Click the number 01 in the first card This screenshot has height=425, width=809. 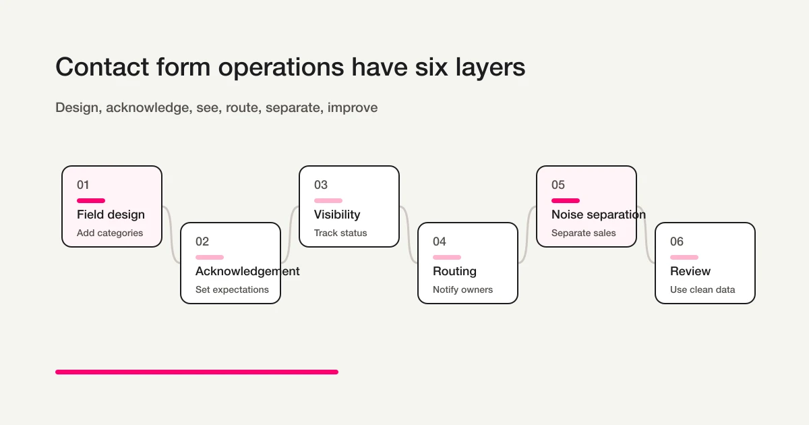[x=83, y=185]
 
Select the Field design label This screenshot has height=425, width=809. [x=111, y=215]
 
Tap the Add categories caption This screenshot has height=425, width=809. [x=110, y=233]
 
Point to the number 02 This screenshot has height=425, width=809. [x=202, y=242]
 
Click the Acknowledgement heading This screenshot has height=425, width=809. [x=247, y=271]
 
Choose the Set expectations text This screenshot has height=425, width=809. [x=232, y=289]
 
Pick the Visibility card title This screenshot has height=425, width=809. [x=337, y=215]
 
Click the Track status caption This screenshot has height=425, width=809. [x=340, y=233]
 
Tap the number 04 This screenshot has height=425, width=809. [x=440, y=242]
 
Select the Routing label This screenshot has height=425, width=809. [x=454, y=271]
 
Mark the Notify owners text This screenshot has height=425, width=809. [x=462, y=289]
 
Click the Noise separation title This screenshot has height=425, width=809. [x=599, y=215]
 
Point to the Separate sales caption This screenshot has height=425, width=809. [x=584, y=233]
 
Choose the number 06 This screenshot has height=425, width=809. [x=677, y=242]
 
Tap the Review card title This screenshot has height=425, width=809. [x=690, y=271]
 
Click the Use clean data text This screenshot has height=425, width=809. [x=702, y=289]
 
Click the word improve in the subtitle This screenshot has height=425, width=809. [x=353, y=107]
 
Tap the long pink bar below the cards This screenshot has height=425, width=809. [x=196, y=372]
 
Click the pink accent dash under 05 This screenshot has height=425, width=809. [x=566, y=200]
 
